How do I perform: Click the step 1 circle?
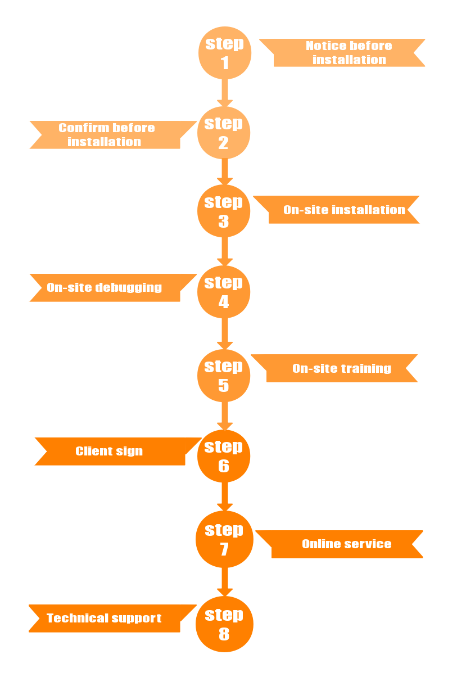(x=225, y=53)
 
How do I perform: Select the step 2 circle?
(x=224, y=133)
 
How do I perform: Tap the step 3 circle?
(x=224, y=211)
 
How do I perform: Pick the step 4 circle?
(x=224, y=292)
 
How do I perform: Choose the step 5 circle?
(x=224, y=376)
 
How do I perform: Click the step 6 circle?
(x=224, y=456)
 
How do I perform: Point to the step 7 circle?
(x=224, y=539)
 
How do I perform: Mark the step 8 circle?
(x=224, y=624)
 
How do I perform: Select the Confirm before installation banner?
(x=107, y=135)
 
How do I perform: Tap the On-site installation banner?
(x=343, y=210)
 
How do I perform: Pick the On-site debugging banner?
(x=105, y=288)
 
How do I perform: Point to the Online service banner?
(x=346, y=544)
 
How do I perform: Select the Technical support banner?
(x=105, y=618)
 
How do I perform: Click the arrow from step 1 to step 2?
(x=225, y=92)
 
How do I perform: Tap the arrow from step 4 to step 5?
(x=225, y=334)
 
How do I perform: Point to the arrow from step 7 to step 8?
(x=225, y=581)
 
